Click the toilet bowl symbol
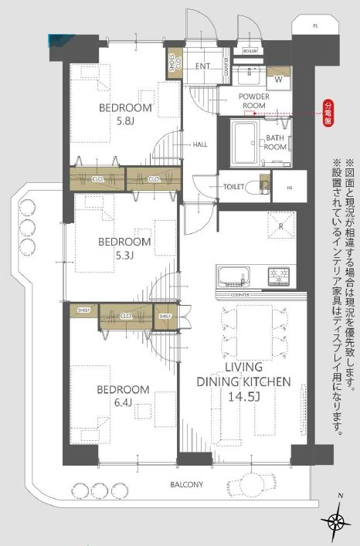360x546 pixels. click(256, 188)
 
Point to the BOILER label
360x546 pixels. click(250, 51)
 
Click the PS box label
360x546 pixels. click(314, 26)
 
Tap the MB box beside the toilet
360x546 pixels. click(289, 186)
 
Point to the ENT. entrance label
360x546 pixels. click(203, 66)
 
